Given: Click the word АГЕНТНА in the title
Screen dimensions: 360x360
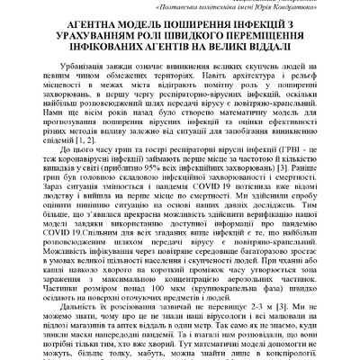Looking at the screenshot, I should (94, 25).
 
